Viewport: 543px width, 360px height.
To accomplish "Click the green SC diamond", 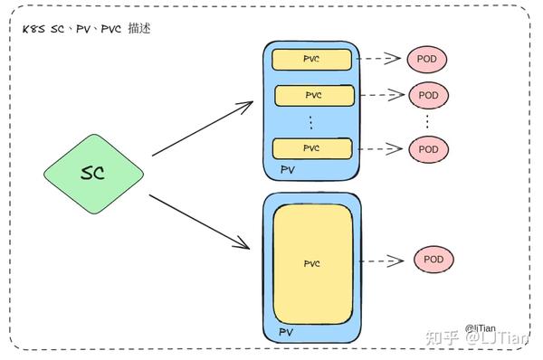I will (93, 172).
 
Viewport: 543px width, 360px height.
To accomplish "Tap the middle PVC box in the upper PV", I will (313, 94).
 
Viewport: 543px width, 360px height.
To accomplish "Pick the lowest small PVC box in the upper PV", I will (311, 148).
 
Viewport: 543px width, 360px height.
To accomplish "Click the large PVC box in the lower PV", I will (312, 263).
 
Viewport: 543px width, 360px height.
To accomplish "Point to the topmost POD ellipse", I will (427, 59).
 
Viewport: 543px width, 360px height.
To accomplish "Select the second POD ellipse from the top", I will (429, 94).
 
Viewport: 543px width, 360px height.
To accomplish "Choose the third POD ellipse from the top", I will (429, 148).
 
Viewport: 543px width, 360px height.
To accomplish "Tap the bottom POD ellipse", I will (433, 261).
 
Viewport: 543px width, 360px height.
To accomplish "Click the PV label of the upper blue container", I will (288, 169).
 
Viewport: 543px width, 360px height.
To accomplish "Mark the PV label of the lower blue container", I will (286, 333).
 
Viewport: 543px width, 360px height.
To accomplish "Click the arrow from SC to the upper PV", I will (201, 128).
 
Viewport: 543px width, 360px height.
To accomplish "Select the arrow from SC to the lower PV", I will (199, 220).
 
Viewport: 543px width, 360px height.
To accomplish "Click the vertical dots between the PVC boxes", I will (310, 121).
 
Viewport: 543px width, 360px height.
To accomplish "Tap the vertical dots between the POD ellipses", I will (427, 121).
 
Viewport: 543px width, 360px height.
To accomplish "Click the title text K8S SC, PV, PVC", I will (87, 28).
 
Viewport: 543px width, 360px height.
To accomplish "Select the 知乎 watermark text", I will (441, 336).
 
